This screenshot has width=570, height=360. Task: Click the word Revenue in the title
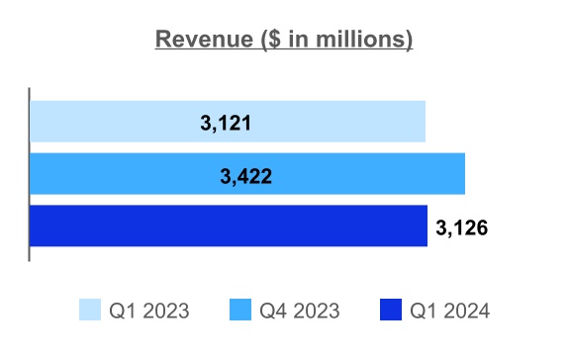click(x=204, y=39)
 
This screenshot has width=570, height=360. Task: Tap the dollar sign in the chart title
click(x=275, y=39)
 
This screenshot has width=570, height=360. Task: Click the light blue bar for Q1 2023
click(x=228, y=122)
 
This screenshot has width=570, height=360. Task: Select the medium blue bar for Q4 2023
click(x=247, y=174)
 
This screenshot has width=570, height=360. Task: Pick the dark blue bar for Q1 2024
click(x=229, y=225)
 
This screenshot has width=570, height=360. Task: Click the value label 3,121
click(x=226, y=123)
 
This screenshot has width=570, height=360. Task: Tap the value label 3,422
click(x=245, y=177)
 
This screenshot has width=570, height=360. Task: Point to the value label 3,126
click(x=462, y=228)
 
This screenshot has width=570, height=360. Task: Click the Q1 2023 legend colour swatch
click(x=90, y=310)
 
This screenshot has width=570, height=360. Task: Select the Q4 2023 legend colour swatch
click(x=240, y=310)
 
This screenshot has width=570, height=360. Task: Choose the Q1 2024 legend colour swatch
click(x=391, y=310)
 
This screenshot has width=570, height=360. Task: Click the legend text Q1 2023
click(x=149, y=311)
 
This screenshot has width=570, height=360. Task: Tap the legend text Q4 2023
click(x=300, y=311)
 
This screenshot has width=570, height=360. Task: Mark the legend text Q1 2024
click(x=449, y=311)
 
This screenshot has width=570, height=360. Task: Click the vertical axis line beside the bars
click(x=29, y=174)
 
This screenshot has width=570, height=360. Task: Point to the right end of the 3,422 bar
click(x=464, y=174)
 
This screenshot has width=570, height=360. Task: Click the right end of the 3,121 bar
click(x=426, y=122)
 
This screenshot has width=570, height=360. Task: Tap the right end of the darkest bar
click(x=427, y=225)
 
